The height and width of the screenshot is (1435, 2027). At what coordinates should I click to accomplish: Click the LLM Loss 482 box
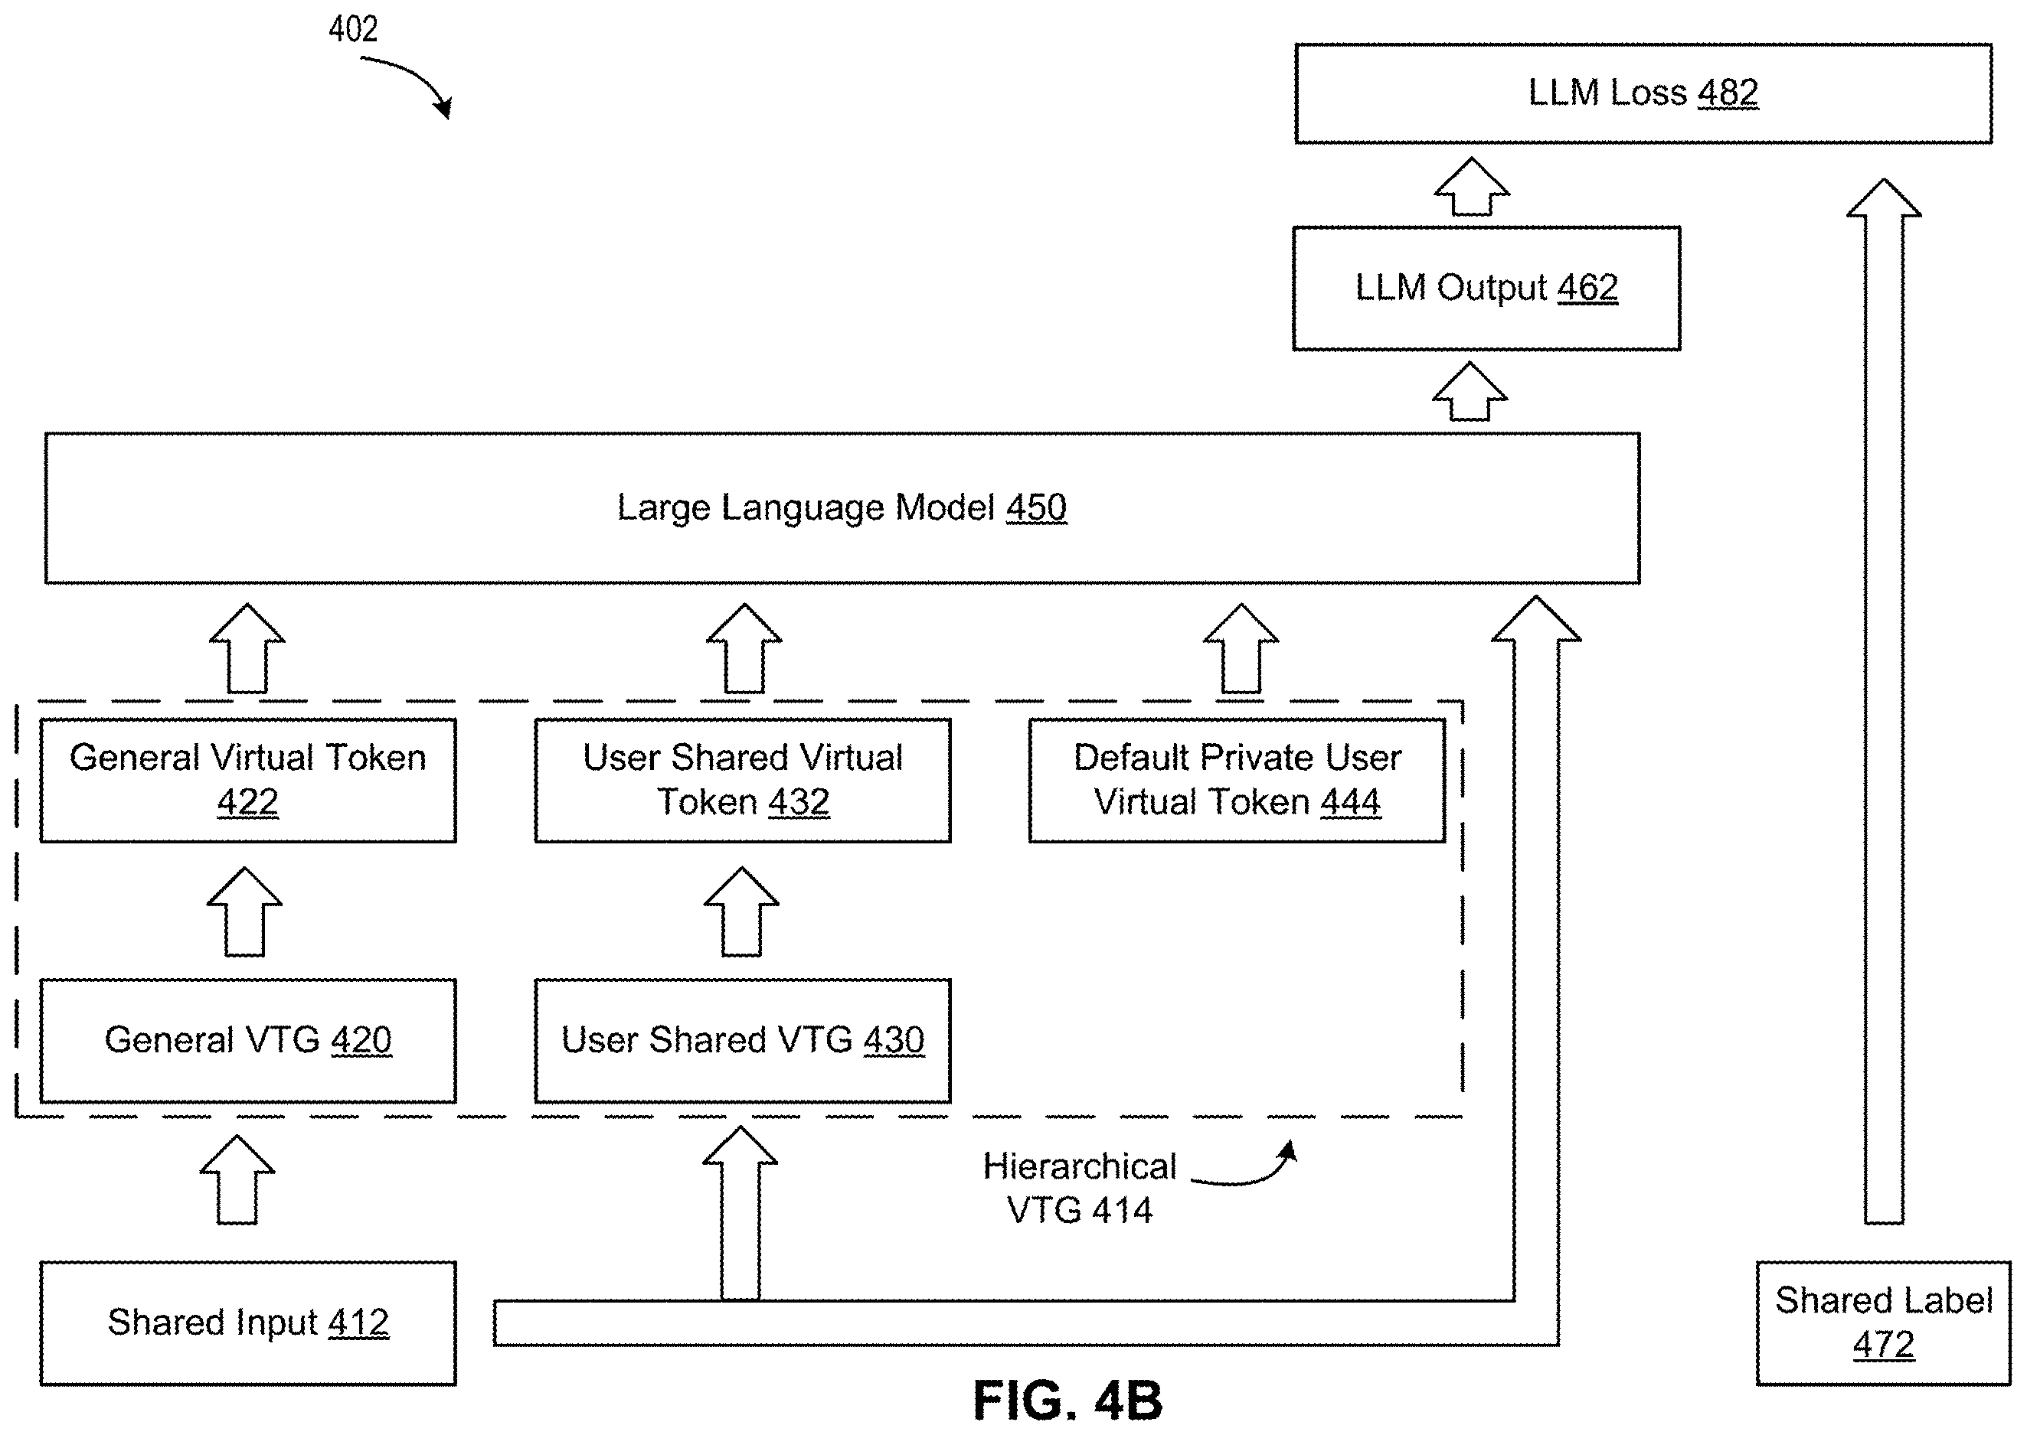pyautogui.click(x=1643, y=93)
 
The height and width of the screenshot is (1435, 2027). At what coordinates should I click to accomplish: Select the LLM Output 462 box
pyautogui.click(x=1486, y=288)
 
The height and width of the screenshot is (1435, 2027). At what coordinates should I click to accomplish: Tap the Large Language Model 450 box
pyautogui.click(x=842, y=508)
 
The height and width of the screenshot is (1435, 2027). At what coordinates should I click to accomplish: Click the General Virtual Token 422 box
pyautogui.click(x=248, y=780)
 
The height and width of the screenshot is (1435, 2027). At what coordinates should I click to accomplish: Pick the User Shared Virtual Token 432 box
pyautogui.click(x=743, y=780)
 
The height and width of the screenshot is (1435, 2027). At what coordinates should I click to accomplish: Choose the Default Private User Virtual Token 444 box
pyautogui.click(x=1237, y=780)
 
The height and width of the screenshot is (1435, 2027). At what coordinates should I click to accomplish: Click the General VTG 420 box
pyautogui.click(x=248, y=1040)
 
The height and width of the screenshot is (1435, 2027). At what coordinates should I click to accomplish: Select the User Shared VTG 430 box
pyautogui.click(x=743, y=1040)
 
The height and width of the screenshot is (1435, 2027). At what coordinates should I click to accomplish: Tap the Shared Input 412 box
pyautogui.click(x=248, y=1322)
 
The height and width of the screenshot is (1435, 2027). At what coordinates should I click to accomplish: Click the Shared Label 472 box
pyautogui.click(x=1883, y=1322)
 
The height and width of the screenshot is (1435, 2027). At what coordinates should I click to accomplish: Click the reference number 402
pyautogui.click(x=354, y=30)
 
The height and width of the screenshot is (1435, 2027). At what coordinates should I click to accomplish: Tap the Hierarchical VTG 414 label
pyautogui.click(x=1080, y=1189)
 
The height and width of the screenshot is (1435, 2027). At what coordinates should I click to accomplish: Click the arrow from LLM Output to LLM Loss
pyautogui.click(x=1472, y=187)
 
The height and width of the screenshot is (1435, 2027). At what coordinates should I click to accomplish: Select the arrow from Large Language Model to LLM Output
pyautogui.click(x=1470, y=391)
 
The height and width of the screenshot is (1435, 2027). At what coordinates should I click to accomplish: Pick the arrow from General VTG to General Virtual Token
pyautogui.click(x=245, y=911)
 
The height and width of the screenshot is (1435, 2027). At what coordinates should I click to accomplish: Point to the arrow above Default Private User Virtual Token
pyautogui.click(x=1241, y=648)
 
